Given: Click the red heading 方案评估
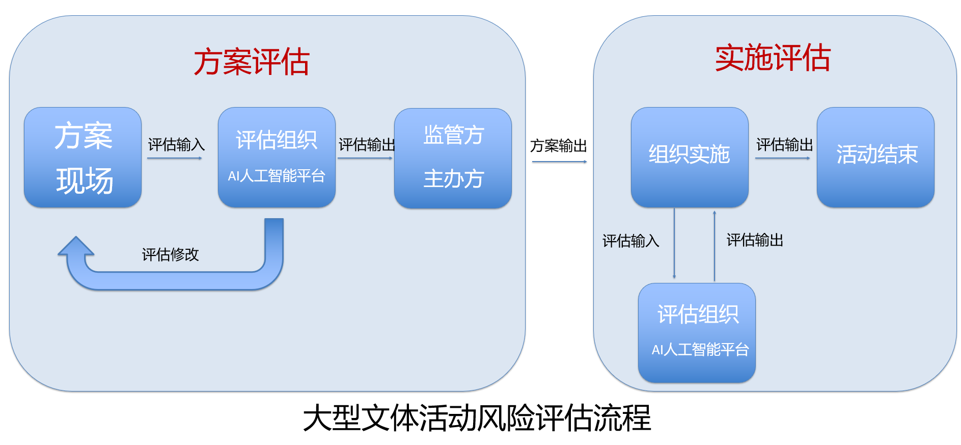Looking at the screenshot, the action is click(x=252, y=62).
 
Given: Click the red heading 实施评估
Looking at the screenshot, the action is click(x=773, y=58).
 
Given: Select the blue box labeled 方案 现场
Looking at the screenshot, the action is click(x=83, y=157).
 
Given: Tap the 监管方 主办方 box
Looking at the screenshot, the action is click(x=453, y=158).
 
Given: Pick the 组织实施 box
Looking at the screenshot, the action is click(x=690, y=157).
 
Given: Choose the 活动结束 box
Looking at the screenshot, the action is click(x=875, y=157).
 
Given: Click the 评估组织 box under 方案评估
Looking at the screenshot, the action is click(x=277, y=157).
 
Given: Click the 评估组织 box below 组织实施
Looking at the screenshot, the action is click(x=697, y=333).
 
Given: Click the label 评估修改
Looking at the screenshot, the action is click(x=170, y=254).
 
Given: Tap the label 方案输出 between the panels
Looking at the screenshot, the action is click(x=558, y=146).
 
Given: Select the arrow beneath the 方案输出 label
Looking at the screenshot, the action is click(x=559, y=162).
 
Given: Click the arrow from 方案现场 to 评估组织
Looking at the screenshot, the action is click(x=175, y=158).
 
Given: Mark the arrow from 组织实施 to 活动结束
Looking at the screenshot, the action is click(x=783, y=158).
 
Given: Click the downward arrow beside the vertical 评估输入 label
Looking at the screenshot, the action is click(x=674, y=243).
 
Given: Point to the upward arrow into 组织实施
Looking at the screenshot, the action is click(x=715, y=246).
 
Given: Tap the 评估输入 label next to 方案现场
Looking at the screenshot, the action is click(x=176, y=145).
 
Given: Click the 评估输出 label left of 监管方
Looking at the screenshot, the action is click(x=367, y=145).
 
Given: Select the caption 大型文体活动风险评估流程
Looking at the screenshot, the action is click(x=477, y=418).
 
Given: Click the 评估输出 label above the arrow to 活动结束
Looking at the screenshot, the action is click(x=784, y=145).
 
